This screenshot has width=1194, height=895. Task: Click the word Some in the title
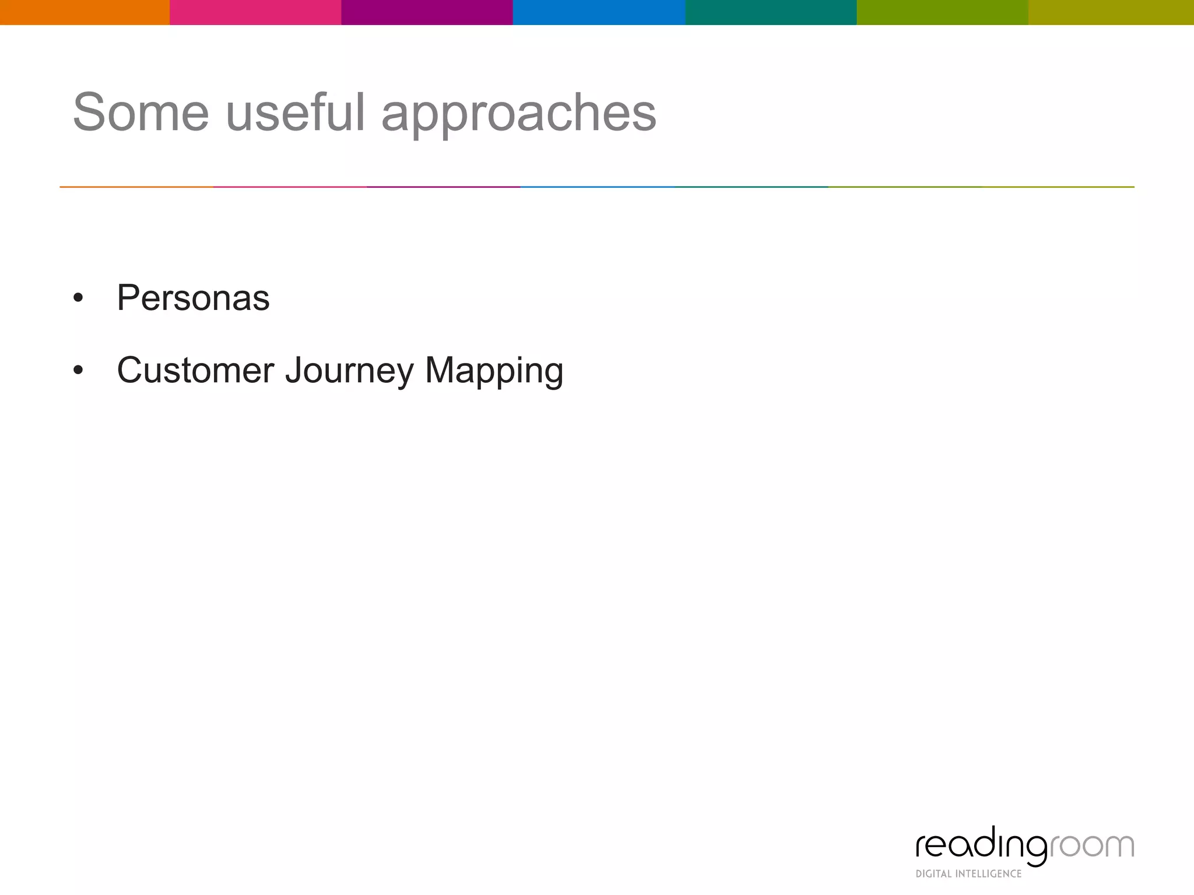tap(141, 112)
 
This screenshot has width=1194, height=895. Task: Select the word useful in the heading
tap(295, 112)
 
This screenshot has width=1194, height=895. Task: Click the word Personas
tap(193, 298)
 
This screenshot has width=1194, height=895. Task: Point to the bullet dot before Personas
tap(78, 299)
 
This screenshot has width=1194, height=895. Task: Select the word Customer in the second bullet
tap(195, 370)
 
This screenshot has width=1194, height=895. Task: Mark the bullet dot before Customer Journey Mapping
tap(78, 371)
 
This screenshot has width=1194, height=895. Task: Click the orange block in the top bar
tap(85, 12)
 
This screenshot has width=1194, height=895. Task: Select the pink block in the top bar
tap(255, 12)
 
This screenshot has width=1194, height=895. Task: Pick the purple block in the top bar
tap(427, 12)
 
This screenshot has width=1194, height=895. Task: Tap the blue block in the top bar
tap(599, 12)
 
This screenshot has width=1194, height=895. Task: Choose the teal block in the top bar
tap(771, 12)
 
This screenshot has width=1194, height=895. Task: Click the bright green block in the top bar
tap(942, 12)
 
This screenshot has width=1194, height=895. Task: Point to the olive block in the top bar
tap(1111, 12)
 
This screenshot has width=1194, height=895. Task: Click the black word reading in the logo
tap(982, 846)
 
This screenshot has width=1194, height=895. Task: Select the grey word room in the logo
tap(1092, 846)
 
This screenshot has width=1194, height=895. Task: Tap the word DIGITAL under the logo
tap(933, 874)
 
